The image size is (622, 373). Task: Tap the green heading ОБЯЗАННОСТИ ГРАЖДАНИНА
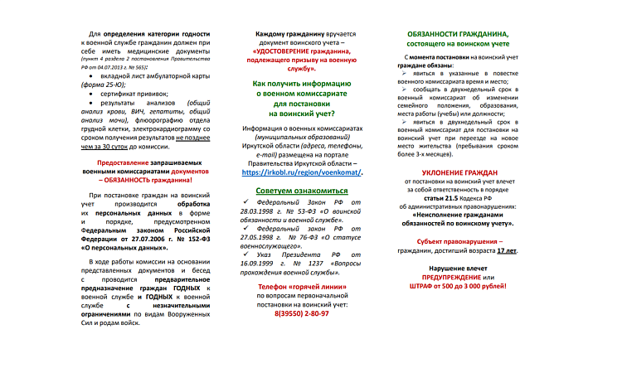click(x=459, y=32)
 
